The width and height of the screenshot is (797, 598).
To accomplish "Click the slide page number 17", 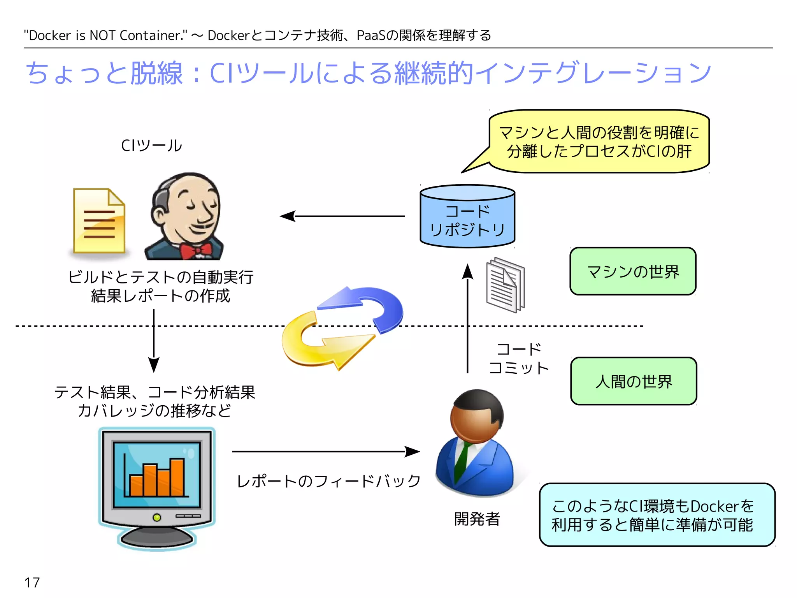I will (32, 582).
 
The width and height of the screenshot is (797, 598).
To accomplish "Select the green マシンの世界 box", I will (633, 271).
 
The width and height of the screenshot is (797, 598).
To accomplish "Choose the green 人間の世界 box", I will (634, 381).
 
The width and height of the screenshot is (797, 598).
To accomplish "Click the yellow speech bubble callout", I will (599, 142).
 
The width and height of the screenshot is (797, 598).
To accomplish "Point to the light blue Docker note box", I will (657, 515).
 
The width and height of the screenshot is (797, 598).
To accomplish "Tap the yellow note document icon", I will (99, 221).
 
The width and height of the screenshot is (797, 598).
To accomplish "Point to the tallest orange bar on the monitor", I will (177, 477).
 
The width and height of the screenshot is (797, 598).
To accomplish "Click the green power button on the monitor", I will (157, 517).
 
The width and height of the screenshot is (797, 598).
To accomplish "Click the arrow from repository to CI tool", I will (342, 216).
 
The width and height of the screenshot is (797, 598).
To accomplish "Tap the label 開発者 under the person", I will (477, 519).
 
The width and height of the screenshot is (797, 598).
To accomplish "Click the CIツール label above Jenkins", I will (151, 146).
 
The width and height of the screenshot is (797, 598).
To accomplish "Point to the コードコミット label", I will (519, 359).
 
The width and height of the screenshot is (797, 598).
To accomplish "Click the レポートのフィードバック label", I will (329, 481).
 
